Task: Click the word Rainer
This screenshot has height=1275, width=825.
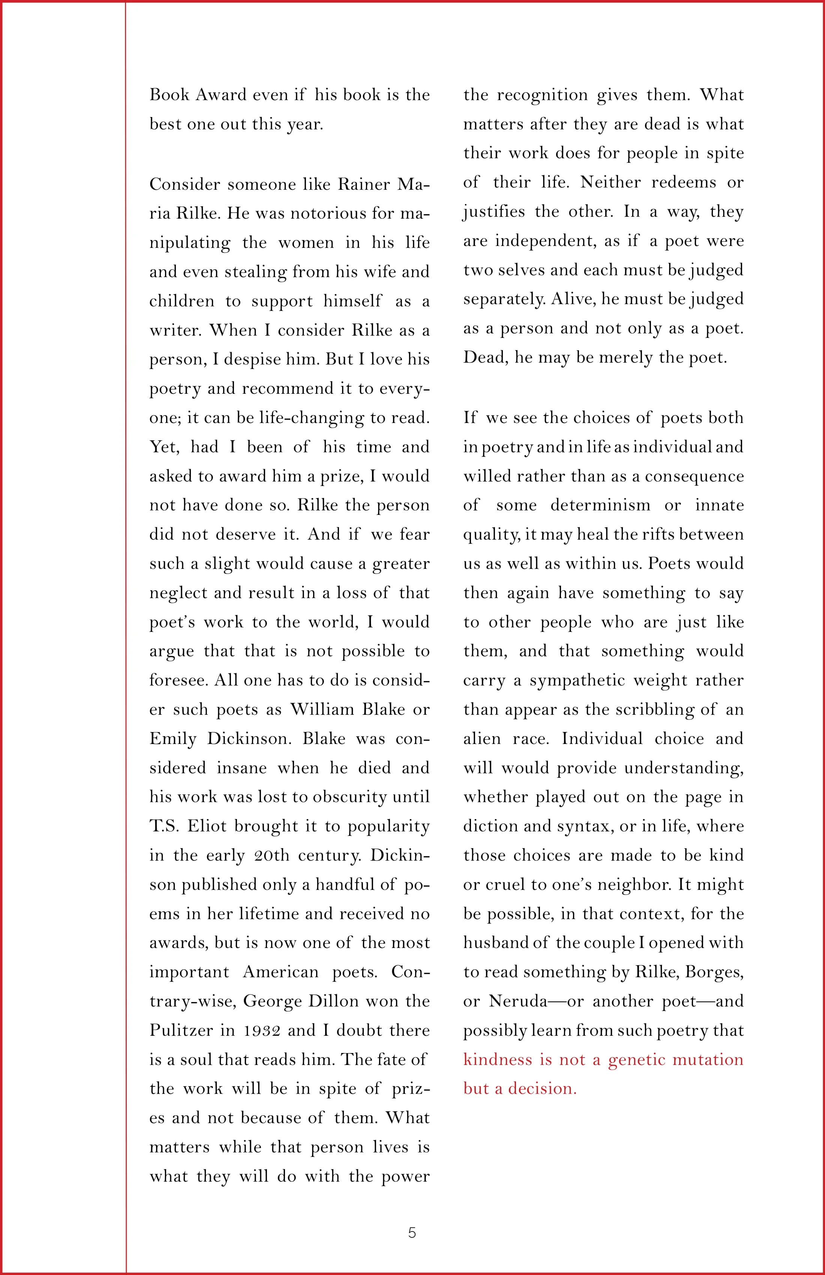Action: tap(364, 184)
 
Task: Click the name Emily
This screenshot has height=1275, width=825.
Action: tap(172, 739)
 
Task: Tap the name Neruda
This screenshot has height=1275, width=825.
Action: tap(517, 1001)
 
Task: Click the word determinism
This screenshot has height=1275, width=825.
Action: tap(600, 505)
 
